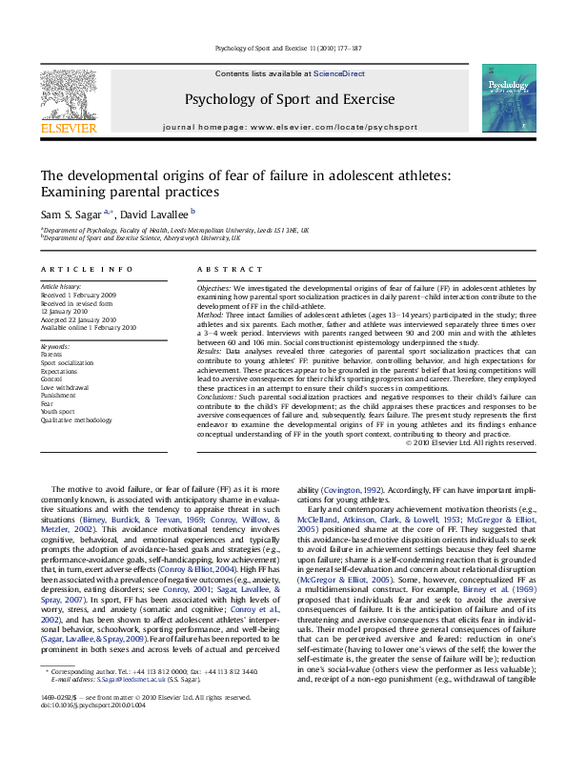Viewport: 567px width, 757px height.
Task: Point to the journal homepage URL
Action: coord(301,127)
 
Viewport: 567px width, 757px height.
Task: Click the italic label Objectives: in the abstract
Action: coord(213,286)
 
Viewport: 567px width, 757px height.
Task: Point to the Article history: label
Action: coord(61,286)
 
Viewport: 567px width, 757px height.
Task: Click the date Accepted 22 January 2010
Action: coord(78,319)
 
